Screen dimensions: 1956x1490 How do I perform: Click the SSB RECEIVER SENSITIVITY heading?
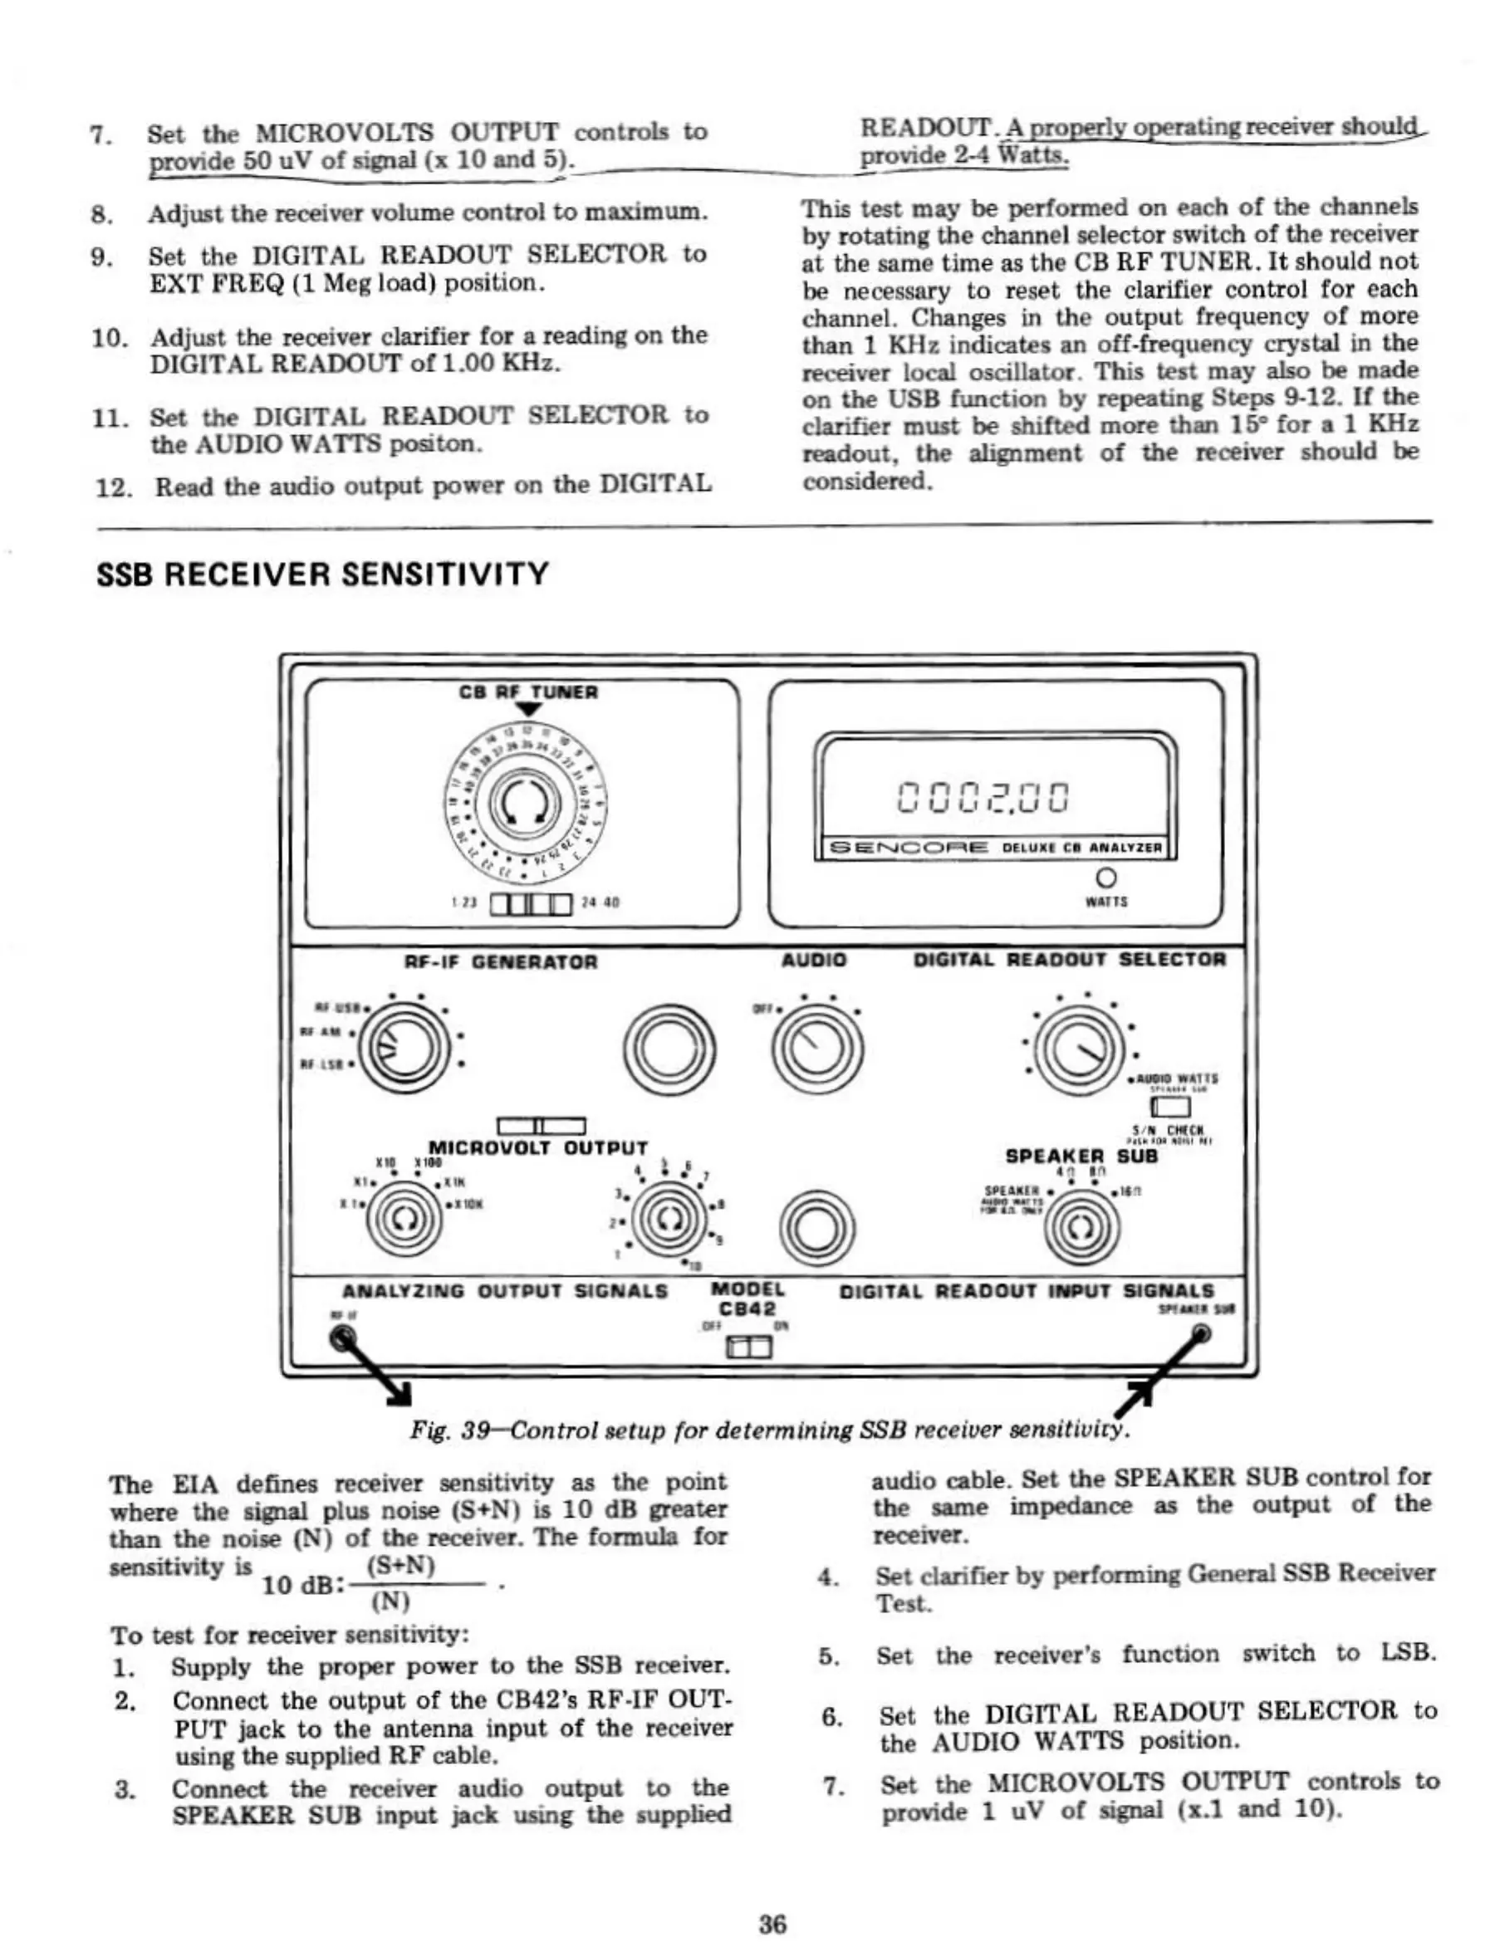point(322,574)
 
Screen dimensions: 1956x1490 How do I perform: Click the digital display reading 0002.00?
point(983,796)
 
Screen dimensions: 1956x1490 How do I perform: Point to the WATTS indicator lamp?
point(1106,878)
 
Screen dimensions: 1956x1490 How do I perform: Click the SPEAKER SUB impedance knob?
point(1081,1229)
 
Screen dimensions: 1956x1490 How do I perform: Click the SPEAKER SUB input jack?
point(1201,1333)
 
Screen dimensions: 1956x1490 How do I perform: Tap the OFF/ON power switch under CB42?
point(749,1348)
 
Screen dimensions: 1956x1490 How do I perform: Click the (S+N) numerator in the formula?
point(400,1566)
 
